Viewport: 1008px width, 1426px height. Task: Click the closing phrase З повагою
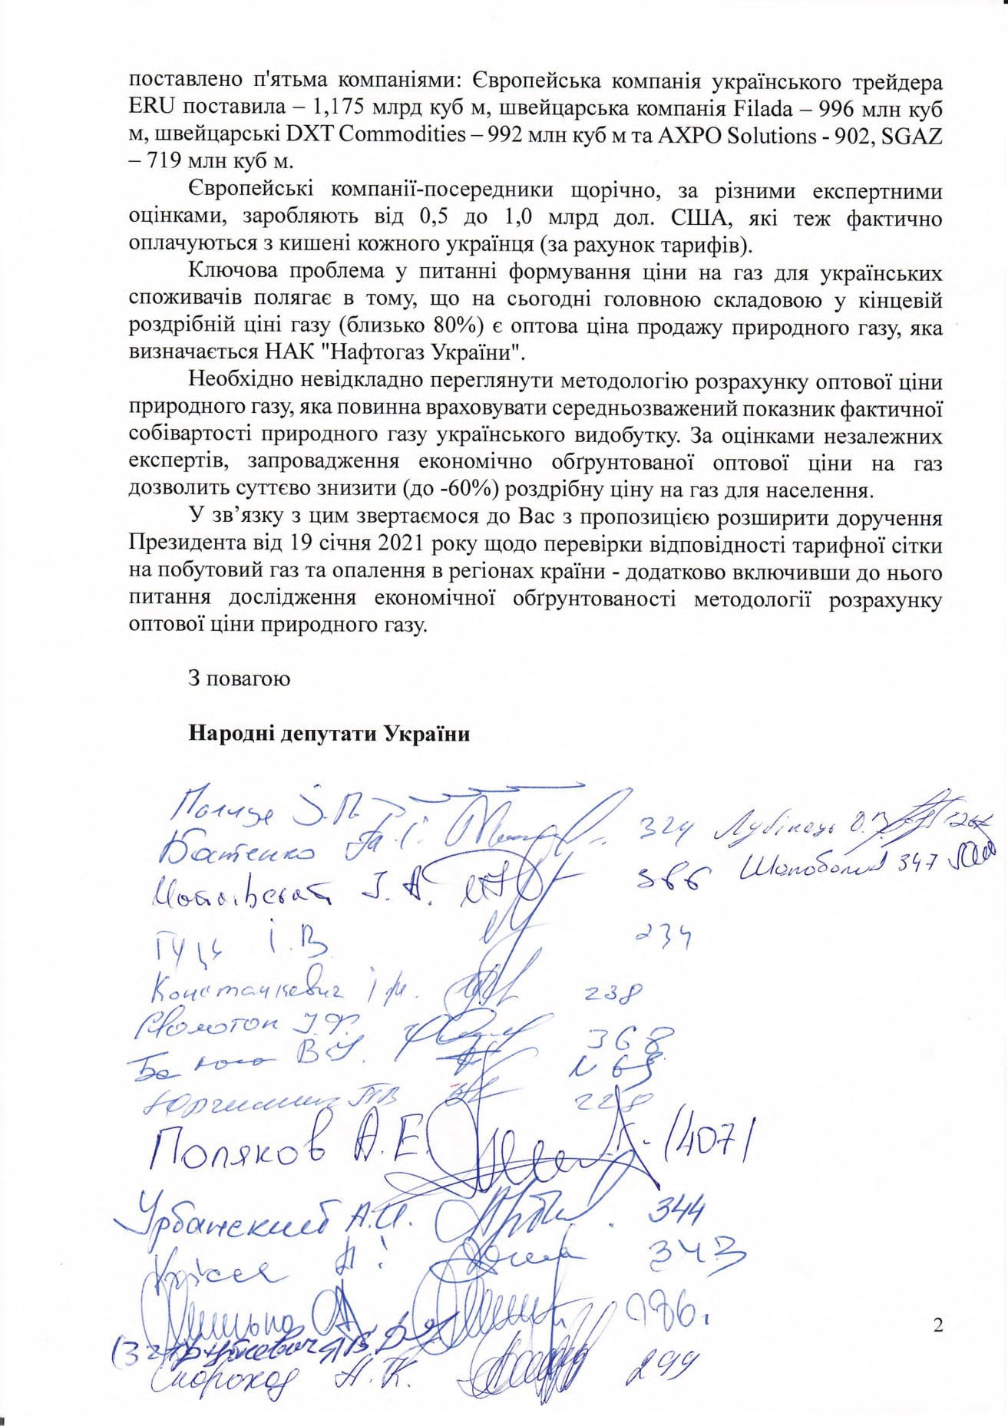(x=239, y=679)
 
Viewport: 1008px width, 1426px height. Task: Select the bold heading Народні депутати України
(x=329, y=734)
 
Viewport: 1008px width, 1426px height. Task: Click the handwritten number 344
(x=676, y=1213)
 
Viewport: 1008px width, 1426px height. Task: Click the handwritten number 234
(x=665, y=936)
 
